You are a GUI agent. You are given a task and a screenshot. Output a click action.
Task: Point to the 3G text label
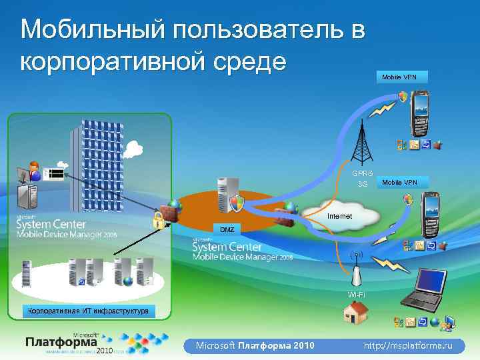tap(363, 184)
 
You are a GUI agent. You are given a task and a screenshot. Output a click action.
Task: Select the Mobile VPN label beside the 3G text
tap(399, 182)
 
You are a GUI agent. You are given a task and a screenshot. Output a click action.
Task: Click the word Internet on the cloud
tap(340, 217)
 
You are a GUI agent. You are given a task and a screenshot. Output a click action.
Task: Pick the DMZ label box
tap(228, 229)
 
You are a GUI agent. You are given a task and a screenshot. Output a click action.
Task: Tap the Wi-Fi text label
tap(356, 294)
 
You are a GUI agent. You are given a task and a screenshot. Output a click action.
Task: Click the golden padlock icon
tap(159, 221)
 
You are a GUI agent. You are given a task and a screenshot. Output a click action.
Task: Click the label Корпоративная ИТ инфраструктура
tap(88, 311)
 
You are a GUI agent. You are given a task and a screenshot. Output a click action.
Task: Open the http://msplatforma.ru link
tap(408, 345)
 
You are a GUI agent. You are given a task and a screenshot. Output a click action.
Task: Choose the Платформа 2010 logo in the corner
tap(67, 343)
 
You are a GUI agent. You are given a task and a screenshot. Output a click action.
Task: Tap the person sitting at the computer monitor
tap(33, 170)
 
